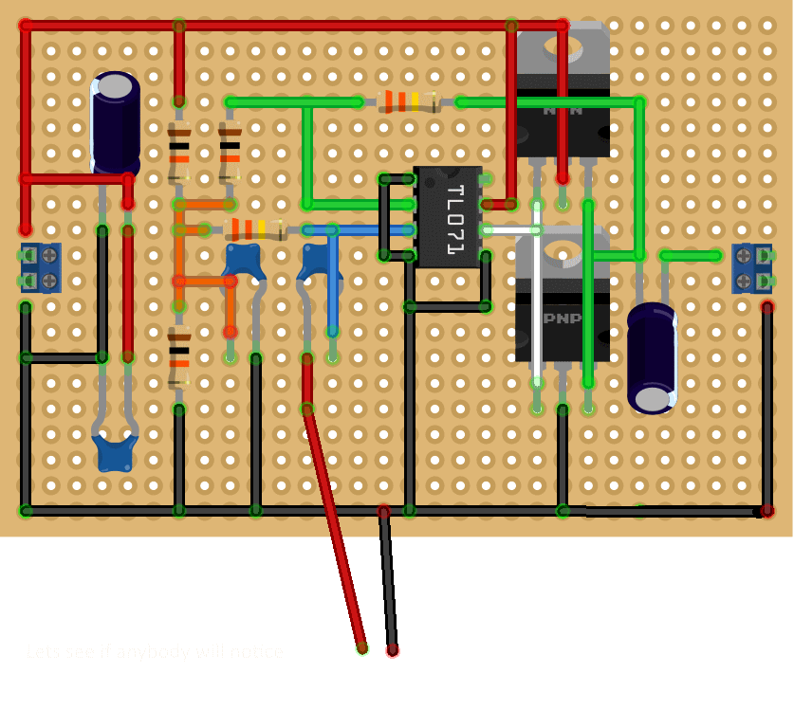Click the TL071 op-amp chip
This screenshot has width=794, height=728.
448,217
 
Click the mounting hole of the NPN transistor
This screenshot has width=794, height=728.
563,43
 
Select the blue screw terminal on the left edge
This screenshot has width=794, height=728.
41,268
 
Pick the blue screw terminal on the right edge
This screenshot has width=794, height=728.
752,268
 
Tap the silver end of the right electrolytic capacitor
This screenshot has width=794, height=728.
653,398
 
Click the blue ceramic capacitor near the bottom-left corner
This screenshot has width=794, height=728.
115,454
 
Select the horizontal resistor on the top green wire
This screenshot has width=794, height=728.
409,101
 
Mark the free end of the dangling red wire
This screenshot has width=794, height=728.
361,648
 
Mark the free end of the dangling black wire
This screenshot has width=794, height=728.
393,650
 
